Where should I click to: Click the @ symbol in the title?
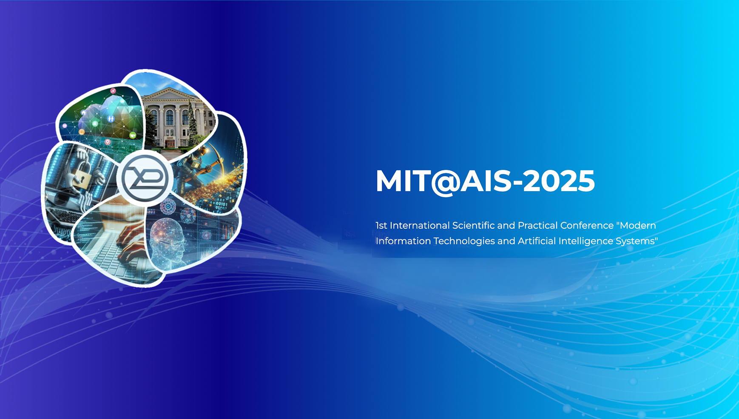pyautogui.click(x=446, y=182)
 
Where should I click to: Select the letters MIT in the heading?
pyautogui.click(x=403, y=181)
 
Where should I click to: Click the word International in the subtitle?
pyautogui.click(x=420, y=225)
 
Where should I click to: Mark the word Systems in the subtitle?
pyautogui.click(x=635, y=241)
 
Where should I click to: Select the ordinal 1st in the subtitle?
pyautogui.click(x=381, y=225)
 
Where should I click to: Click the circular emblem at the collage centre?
pyautogui.click(x=145, y=178)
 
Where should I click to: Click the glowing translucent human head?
pyautogui.click(x=168, y=241)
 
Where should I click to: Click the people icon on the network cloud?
pyautogui.click(x=111, y=119)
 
